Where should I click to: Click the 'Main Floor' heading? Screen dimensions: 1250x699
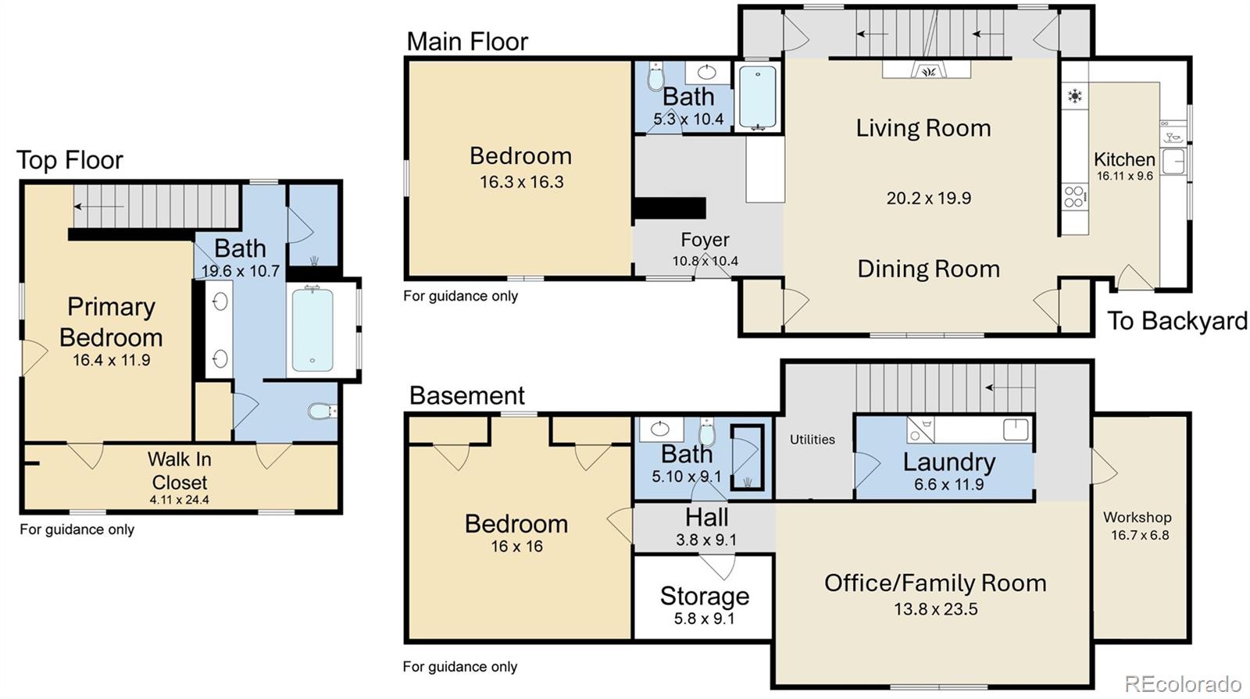click(x=467, y=42)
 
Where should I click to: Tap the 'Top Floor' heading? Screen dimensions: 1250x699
click(x=70, y=161)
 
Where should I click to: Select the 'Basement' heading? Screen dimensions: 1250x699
click(x=467, y=395)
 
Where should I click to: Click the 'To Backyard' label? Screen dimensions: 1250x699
click(x=1177, y=321)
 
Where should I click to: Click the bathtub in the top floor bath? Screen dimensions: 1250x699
click(x=312, y=330)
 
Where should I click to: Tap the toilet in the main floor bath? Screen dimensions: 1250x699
click(x=655, y=76)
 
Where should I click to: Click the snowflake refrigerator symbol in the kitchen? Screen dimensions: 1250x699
click(x=1074, y=96)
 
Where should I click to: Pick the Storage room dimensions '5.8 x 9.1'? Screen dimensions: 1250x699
click(x=704, y=619)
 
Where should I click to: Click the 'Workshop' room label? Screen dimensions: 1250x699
click(x=1137, y=518)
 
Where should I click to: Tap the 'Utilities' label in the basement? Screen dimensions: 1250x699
click(x=812, y=440)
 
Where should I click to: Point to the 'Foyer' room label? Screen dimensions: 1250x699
click(x=705, y=240)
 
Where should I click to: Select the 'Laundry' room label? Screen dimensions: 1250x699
click(x=949, y=462)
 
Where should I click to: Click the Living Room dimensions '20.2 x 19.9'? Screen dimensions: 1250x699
click(x=929, y=198)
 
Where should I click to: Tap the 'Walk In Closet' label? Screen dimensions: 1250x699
click(x=180, y=471)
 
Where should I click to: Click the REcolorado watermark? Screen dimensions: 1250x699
click(x=1183, y=683)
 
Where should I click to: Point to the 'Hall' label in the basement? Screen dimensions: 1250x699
click(x=707, y=518)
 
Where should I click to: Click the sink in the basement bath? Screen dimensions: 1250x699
click(x=660, y=429)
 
